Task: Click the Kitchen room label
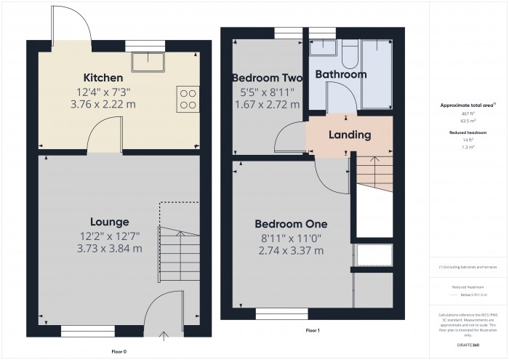pos(103,78)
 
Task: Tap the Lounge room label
pos(110,222)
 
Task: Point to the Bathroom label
pos(340,74)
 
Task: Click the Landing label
pos(350,135)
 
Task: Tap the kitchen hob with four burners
pos(187,99)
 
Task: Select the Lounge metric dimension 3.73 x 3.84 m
pos(110,248)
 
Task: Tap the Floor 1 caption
pos(313,331)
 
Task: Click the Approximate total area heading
pos(467,105)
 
